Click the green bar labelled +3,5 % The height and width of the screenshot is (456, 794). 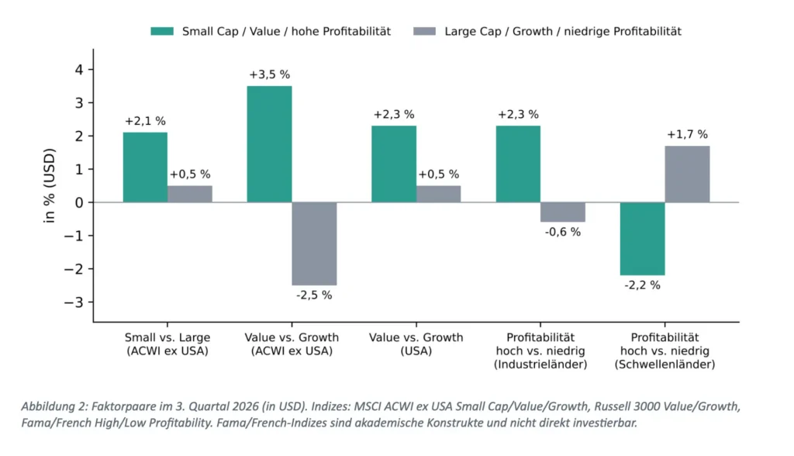coord(269,144)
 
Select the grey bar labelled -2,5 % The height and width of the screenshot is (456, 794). coord(315,244)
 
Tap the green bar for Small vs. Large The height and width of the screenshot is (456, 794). coord(145,168)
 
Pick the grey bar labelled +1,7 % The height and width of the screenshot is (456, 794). coord(687,174)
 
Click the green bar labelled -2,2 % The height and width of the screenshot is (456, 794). coord(643,239)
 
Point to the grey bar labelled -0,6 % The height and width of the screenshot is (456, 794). coord(563,212)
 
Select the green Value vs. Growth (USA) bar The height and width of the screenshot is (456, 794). coord(394,164)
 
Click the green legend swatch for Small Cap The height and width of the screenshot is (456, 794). coord(162,32)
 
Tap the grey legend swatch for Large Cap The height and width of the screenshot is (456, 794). coord(424,32)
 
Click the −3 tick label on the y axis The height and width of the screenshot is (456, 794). coord(74,302)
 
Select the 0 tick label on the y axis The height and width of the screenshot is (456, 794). coord(79,202)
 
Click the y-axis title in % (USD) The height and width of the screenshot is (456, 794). coord(49,185)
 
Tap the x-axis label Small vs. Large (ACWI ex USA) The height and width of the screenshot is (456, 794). coord(167,344)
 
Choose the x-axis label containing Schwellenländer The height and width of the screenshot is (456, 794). coord(665,351)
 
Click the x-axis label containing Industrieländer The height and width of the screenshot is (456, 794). coord(540,351)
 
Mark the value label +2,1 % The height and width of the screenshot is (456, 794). coord(145,121)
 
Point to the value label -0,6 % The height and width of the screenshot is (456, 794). coord(563,232)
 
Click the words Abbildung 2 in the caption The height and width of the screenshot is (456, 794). coord(54,406)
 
